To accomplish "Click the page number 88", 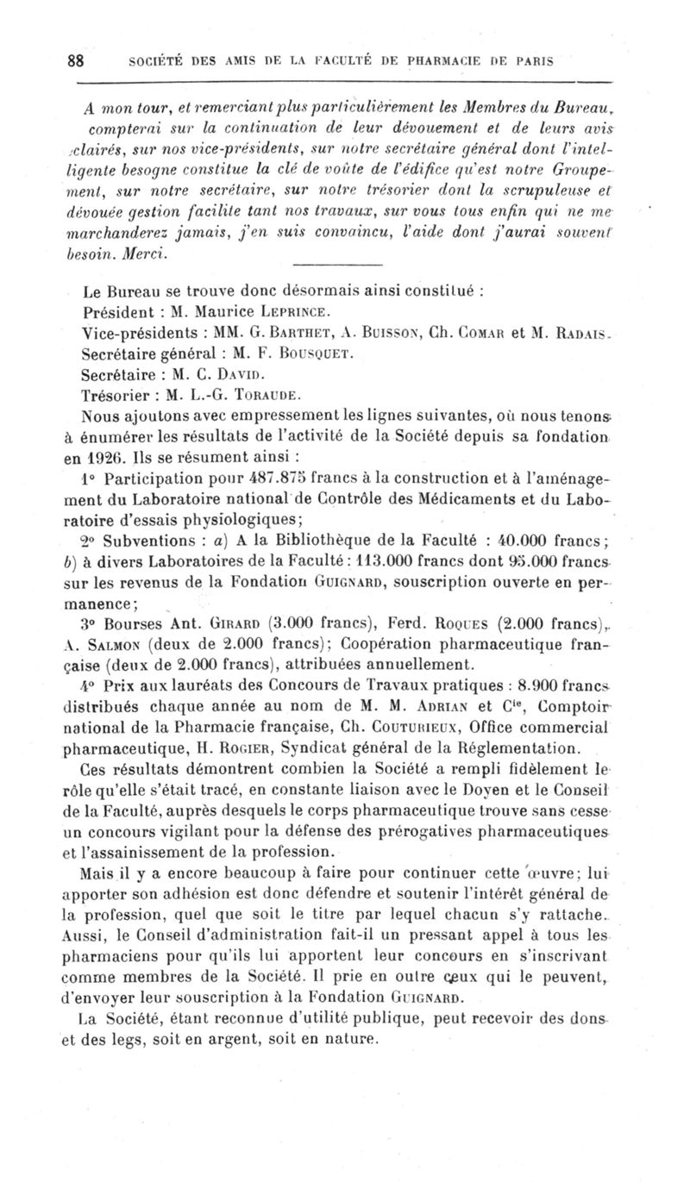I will point(75,61).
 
